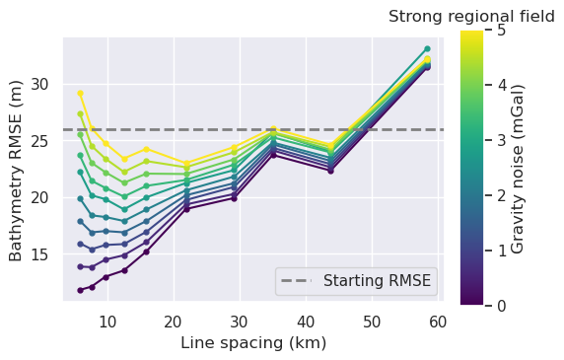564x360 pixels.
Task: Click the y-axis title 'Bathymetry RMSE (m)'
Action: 17,170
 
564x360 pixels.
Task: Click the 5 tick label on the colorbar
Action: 501,30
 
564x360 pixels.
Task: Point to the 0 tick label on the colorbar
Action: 501,306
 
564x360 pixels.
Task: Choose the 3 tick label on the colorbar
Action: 501,140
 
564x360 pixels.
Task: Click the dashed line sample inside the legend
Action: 299,281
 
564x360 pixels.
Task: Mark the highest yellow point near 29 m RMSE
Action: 80,93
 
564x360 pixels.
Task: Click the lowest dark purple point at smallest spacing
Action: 80,290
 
